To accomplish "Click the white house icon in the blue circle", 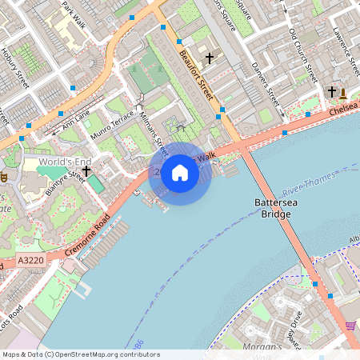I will (x=180, y=173).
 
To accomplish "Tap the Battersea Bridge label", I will (x=276, y=209).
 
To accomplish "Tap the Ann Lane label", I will (x=78, y=119).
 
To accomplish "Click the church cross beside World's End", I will (x=86, y=170).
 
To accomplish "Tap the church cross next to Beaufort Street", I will (x=210, y=58).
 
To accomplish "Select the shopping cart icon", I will (x=350, y=325).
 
